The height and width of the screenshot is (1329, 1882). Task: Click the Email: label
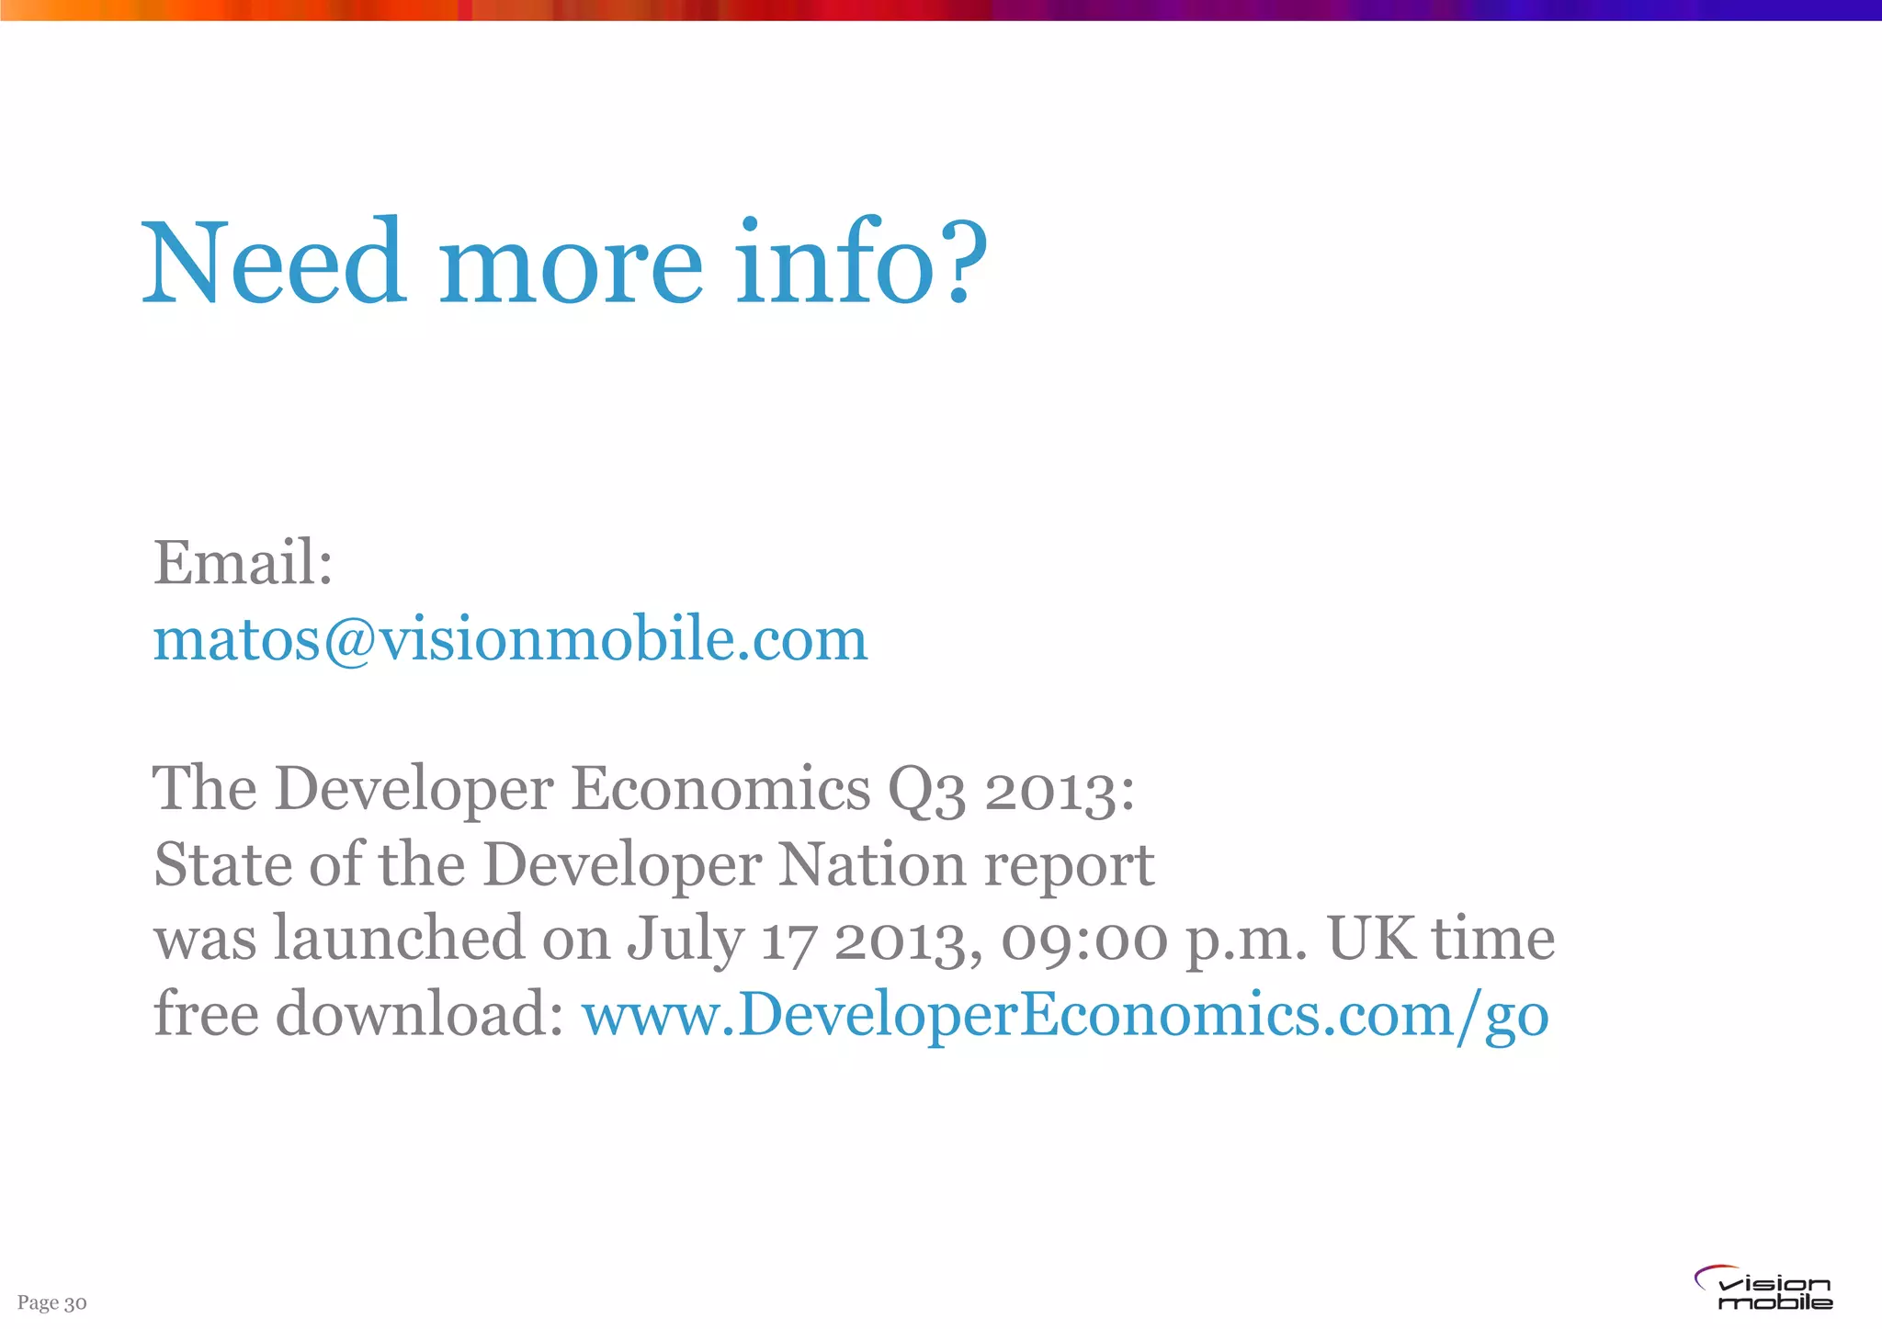click(x=243, y=562)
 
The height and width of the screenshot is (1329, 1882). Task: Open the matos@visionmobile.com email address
click(x=510, y=639)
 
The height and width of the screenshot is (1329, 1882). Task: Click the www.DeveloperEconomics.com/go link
click(x=1065, y=1016)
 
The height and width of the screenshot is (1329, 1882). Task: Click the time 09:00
click(x=1084, y=940)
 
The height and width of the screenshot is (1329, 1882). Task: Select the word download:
click(x=419, y=1015)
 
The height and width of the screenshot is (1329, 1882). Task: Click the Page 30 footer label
click(x=52, y=1302)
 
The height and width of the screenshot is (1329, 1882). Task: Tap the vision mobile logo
click(x=1763, y=1288)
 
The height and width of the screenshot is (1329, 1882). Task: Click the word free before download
click(x=206, y=1015)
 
